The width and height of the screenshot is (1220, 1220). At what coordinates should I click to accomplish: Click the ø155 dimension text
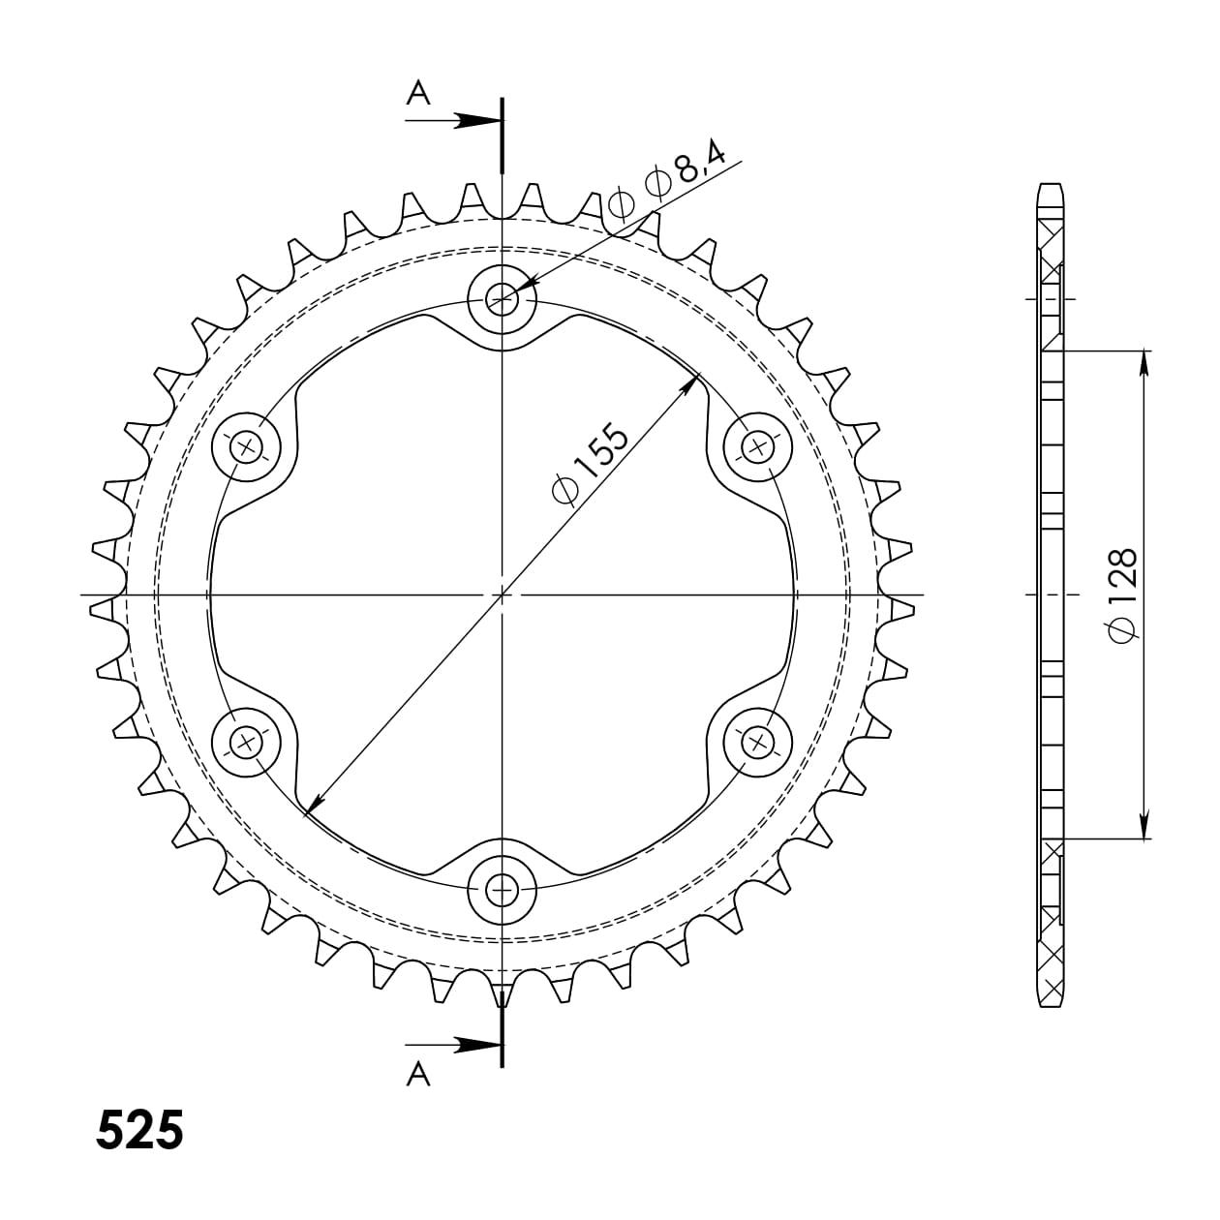coord(591,464)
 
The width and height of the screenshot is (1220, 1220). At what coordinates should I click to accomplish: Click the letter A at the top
coord(417,93)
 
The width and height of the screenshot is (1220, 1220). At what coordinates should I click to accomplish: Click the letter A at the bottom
coord(417,1073)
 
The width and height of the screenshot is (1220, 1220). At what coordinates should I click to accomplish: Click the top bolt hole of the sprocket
coord(502,299)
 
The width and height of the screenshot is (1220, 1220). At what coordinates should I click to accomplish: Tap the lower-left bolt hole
coord(247,742)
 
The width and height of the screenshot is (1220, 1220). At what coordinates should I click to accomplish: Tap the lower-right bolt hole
coord(757,742)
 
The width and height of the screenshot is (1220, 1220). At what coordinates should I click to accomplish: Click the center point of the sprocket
coord(502,594)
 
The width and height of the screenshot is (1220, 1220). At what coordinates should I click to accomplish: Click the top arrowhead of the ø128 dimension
coord(1145,360)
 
